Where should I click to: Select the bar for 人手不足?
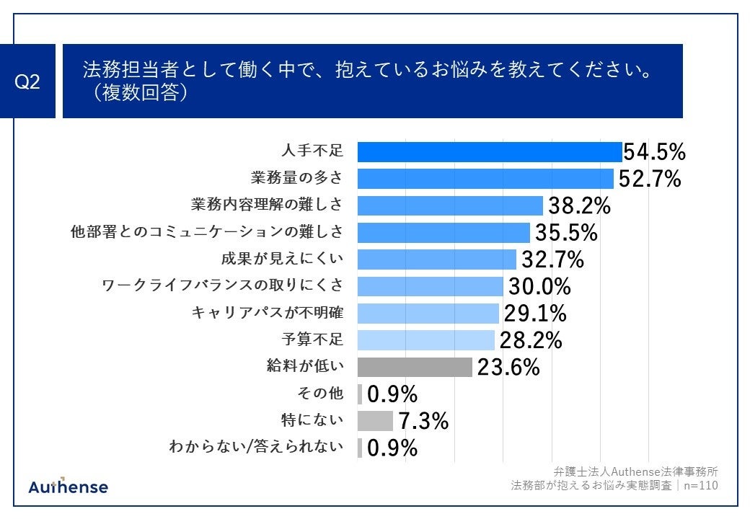tap(489, 152)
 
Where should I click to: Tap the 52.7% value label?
tap(650, 179)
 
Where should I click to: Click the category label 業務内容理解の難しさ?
tap(266, 205)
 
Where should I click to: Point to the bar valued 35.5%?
tap(444, 232)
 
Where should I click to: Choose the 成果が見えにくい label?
tap(281, 259)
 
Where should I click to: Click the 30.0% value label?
tap(539, 286)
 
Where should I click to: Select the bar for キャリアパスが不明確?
tap(428, 313)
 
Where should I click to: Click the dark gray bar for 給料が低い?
tap(415, 367)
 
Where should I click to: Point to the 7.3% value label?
tap(423, 420)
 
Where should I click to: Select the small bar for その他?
tap(360, 394)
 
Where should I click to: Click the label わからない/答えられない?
tap(255, 448)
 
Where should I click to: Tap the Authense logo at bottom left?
tap(69, 487)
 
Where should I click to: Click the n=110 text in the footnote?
tap(700, 486)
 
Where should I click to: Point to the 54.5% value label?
tap(654, 152)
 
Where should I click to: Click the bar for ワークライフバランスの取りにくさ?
tap(430, 286)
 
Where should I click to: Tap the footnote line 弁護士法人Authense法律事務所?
tap(635, 471)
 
